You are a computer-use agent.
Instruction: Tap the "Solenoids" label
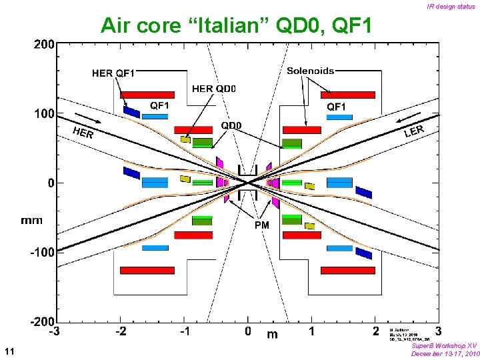click(311, 70)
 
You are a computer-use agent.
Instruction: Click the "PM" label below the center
click(262, 225)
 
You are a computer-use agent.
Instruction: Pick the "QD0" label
click(231, 125)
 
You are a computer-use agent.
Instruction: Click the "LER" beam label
click(414, 131)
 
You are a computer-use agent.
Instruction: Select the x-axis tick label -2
click(121, 330)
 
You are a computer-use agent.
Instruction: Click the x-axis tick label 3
click(437, 330)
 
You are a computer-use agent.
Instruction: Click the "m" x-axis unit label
click(272, 334)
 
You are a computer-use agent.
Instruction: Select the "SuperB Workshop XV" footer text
click(443, 346)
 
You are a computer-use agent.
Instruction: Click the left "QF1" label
click(159, 105)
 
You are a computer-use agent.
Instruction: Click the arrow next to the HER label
click(93, 121)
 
